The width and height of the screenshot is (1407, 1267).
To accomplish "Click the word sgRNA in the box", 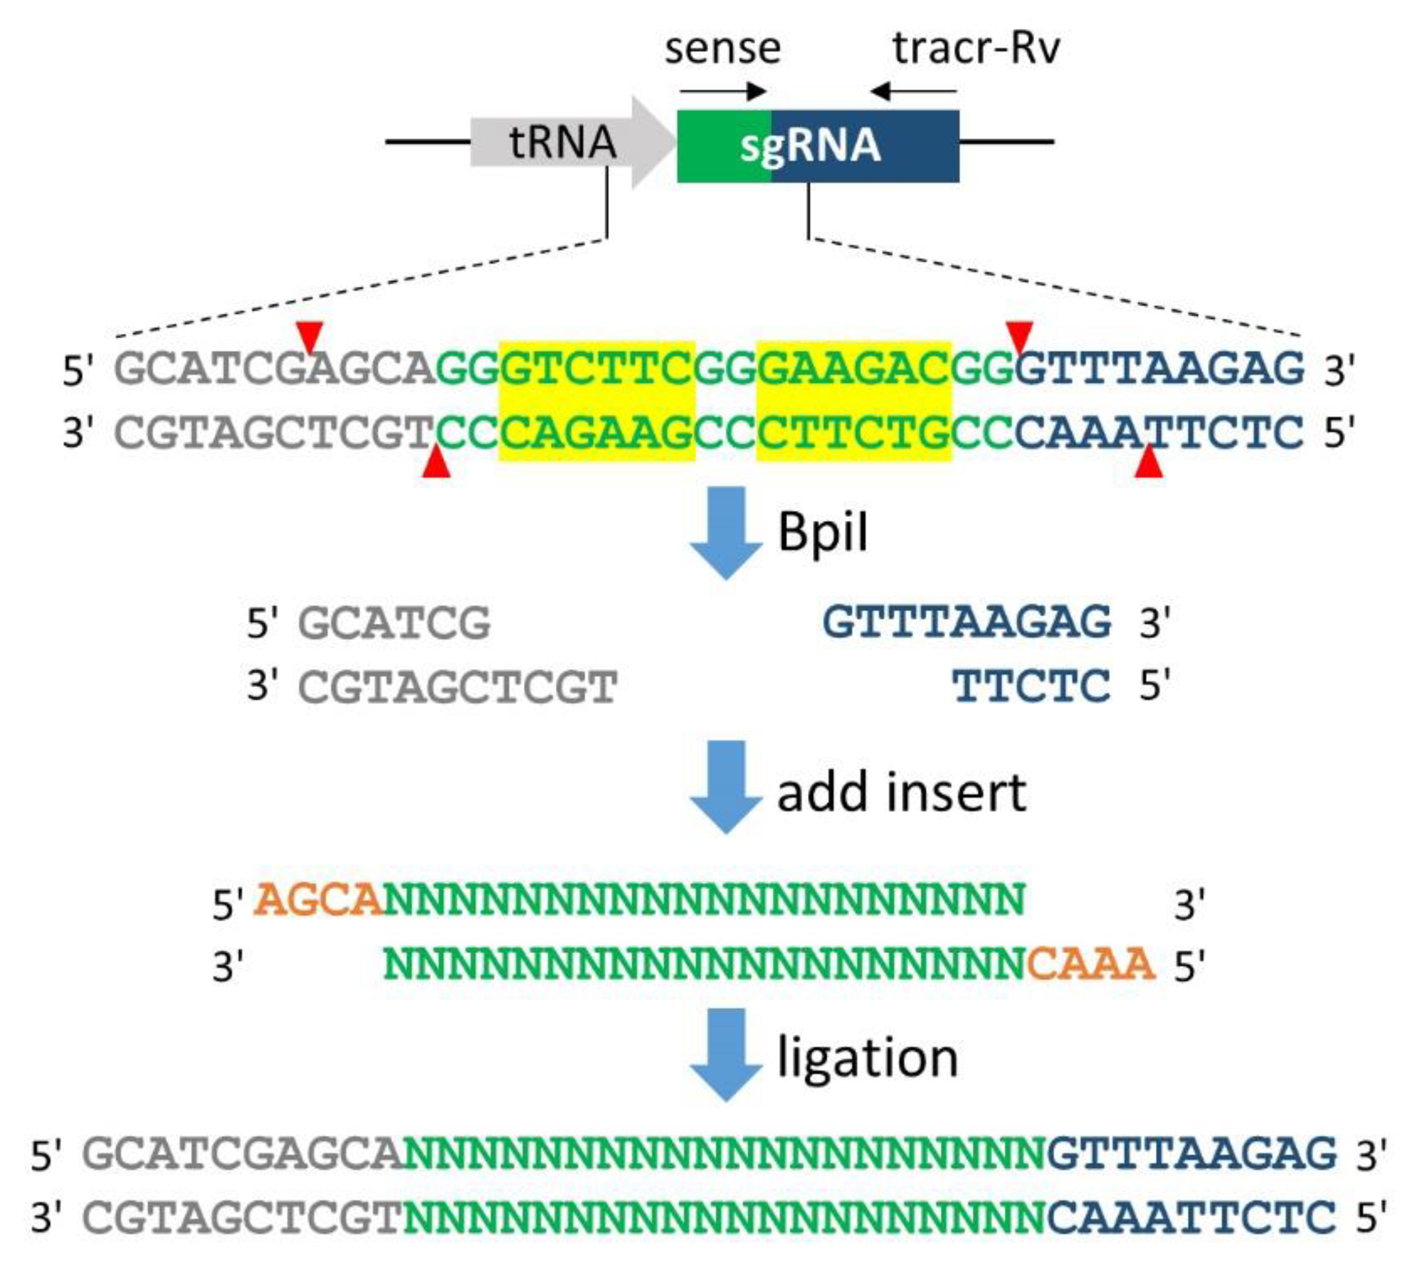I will click(810, 146).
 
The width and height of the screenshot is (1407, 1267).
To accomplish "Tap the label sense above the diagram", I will click(723, 49).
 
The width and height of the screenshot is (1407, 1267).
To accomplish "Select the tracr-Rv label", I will click(976, 49).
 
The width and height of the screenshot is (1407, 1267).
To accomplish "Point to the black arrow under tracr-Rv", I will click(913, 91).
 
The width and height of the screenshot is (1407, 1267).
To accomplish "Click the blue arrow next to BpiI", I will click(726, 532).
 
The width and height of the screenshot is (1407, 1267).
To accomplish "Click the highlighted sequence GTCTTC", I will click(597, 369).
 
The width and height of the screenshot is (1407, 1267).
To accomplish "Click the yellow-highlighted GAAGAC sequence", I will click(854, 369).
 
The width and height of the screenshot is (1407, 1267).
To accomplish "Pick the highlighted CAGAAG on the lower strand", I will click(597, 433).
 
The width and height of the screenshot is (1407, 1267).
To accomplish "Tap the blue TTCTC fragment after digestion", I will click(1031, 686).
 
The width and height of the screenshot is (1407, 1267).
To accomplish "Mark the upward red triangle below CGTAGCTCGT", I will click(436, 463).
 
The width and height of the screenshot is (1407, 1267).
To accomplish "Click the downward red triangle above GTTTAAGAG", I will click(1020, 336).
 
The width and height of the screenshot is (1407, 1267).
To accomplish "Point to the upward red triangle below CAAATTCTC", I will click(1148, 463).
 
